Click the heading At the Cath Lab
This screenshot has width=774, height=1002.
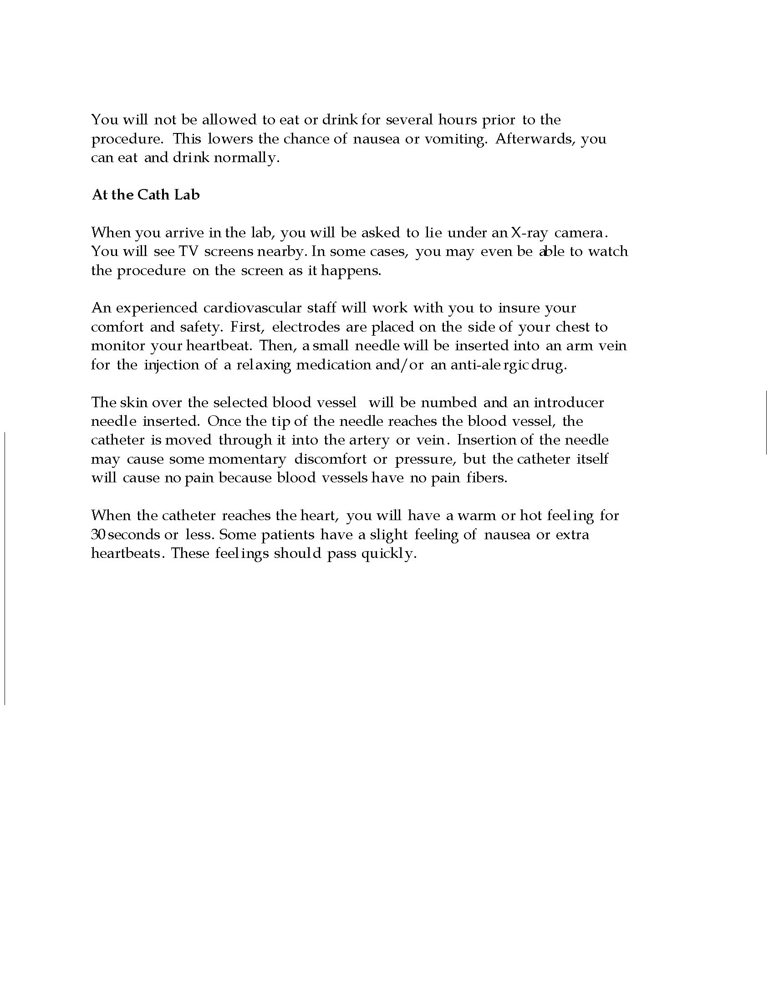(x=146, y=195)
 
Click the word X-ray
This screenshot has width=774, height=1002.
(x=529, y=233)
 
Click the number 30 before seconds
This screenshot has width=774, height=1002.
(x=99, y=535)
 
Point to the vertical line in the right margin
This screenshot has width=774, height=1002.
(x=766, y=423)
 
